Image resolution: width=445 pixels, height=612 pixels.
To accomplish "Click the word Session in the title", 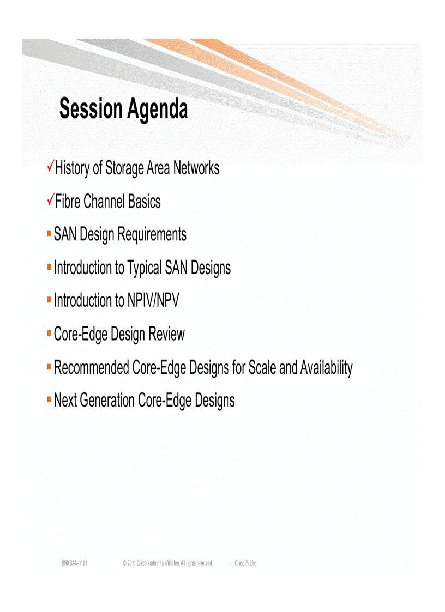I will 91,109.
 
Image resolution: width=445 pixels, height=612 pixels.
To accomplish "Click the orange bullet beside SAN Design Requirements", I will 49,234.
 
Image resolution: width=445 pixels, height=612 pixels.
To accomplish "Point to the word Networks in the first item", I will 196,168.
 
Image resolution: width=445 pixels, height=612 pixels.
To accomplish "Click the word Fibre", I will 68,202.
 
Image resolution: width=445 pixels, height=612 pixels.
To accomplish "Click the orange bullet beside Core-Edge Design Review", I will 49,333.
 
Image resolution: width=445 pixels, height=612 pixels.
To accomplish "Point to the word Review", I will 168,334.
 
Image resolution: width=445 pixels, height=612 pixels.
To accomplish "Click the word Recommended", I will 91,368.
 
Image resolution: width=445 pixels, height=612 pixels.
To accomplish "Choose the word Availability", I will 326,368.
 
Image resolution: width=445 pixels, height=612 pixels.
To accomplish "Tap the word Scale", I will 262,368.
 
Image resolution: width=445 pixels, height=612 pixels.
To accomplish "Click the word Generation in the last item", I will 107,401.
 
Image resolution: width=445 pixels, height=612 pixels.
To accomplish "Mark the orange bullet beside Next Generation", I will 49,399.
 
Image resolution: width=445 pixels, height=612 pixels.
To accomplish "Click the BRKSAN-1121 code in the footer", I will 74,563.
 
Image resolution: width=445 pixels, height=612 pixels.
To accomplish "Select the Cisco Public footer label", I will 245,563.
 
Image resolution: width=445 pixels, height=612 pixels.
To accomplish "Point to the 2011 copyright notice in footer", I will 168,563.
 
